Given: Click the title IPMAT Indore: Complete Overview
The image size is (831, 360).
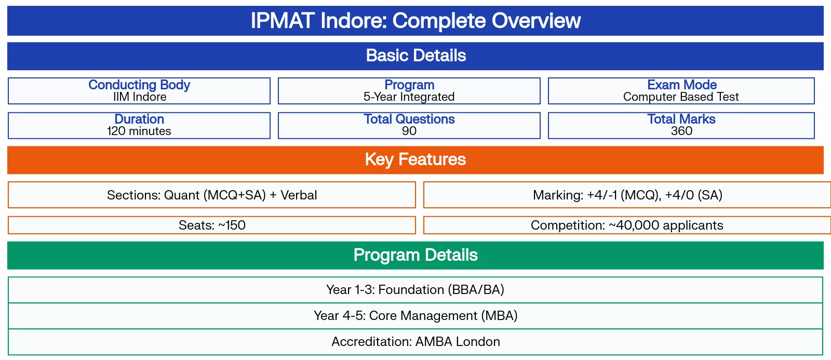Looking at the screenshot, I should coord(415,21).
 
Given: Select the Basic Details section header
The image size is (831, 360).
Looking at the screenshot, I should coord(415,56).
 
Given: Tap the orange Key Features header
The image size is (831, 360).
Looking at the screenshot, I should coord(415,159).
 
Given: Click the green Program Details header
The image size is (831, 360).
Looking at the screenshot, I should coord(415,255).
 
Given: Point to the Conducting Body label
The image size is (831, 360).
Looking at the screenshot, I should coord(139,85).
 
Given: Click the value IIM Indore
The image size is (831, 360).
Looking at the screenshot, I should coord(139,97).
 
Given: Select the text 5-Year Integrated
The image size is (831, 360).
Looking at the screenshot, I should coord(409,97).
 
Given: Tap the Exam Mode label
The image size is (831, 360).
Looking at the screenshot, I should coord(681,85).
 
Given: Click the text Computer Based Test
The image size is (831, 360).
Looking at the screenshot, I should coord(681,97).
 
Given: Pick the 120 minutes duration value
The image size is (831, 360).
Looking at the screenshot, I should coord(139,131).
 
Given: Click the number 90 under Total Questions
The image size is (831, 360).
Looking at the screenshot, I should coord(409,131).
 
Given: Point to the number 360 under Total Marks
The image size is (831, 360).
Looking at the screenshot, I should coord(681,131).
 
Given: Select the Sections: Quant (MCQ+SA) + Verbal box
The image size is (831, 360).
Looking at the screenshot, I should coord(212,195).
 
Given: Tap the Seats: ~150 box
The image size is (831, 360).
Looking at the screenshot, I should coord(212,225).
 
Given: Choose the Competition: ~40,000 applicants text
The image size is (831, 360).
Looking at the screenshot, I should coord(627,225).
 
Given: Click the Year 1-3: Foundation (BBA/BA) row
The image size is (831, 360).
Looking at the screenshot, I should coord(415,290).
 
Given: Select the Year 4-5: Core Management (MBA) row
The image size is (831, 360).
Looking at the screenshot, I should coord(415,316).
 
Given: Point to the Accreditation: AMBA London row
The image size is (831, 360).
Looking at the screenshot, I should coord(415,342).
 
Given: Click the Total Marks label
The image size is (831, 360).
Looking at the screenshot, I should coord(681,119).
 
